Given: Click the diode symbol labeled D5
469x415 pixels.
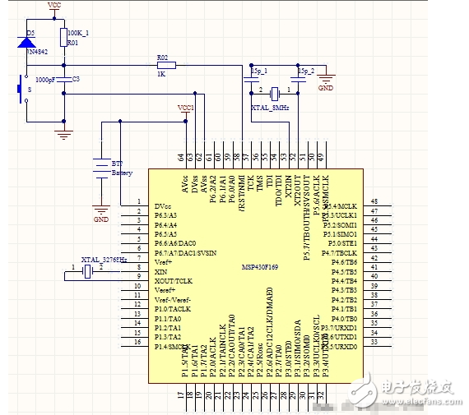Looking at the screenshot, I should coord(25,42).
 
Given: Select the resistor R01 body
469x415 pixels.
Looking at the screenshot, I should coord(63,36).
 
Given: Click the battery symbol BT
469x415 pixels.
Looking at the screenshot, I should coord(100,168).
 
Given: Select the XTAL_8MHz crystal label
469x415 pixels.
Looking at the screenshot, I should coord(269,107).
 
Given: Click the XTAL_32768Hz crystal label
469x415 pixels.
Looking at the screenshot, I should coord(103,259).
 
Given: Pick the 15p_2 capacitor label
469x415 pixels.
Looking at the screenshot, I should coord(306,71).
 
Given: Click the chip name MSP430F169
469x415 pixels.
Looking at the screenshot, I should coord(262,267).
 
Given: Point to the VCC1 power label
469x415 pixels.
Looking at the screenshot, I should coord(186,108).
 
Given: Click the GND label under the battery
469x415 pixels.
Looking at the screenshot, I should coord(100,219).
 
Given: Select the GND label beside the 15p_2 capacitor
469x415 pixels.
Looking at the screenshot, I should coord(326,86).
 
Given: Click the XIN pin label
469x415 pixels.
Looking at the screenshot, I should coord(161,270).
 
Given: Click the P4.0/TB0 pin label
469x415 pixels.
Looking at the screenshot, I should coord(344,318).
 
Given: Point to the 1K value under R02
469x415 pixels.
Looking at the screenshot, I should coord(162,75).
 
